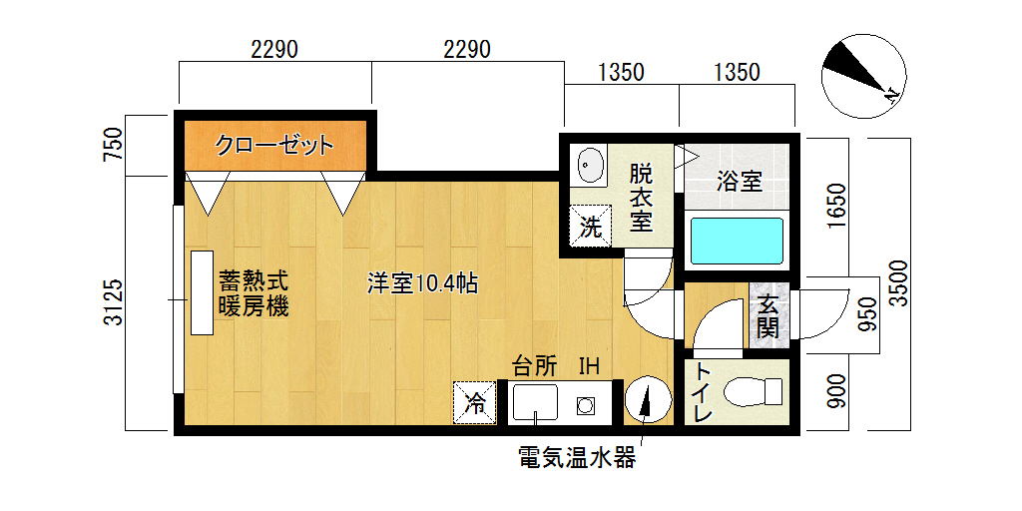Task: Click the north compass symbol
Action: (x=863, y=76)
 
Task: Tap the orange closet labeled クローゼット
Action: (x=274, y=146)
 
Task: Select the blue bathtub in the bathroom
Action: (x=737, y=242)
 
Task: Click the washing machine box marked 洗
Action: (x=591, y=226)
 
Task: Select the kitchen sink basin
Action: (x=535, y=402)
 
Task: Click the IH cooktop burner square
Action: (x=585, y=406)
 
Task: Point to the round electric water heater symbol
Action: (x=647, y=399)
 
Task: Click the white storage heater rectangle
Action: (x=202, y=292)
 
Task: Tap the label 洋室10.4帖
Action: (x=423, y=284)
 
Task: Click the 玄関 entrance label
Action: (x=768, y=315)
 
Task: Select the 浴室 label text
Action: (x=740, y=182)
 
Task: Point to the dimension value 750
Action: (x=114, y=146)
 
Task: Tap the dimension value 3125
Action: (x=114, y=302)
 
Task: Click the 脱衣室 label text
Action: (x=642, y=199)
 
